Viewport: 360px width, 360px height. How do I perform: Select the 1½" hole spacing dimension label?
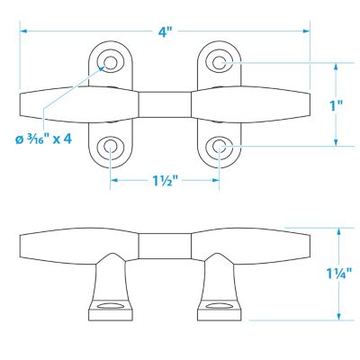click(x=164, y=180)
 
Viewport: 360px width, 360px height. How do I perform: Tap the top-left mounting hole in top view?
click(x=112, y=62)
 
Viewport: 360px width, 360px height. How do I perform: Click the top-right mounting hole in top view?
click(x=219, y=62)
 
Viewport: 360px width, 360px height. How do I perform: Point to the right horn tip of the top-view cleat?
click(x=306, y=103)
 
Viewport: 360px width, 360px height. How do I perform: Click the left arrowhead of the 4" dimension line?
click(x=22, y=31)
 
